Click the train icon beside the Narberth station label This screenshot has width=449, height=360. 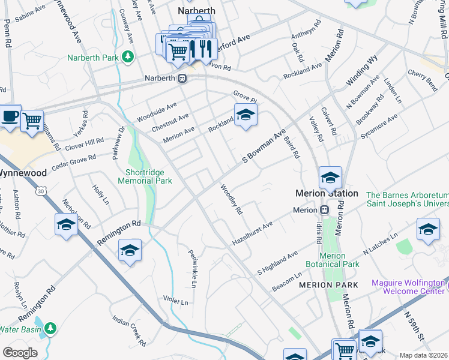(182, 78)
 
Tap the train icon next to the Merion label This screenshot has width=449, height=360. (324, 210)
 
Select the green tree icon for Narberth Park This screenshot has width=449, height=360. (127, 57)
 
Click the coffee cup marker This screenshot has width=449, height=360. (10, 116)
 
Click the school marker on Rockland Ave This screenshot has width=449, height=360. (245, 115)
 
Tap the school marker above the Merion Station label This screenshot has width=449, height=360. (330, 178)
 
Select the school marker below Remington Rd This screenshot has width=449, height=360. (130, 251)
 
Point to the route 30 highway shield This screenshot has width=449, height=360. (41, 190)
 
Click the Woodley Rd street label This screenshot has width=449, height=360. (232, 200)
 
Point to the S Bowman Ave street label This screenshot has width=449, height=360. (263, 147)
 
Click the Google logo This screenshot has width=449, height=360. (20, 353)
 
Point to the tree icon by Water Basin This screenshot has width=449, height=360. (51, 328)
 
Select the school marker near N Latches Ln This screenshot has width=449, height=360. (428, 230)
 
